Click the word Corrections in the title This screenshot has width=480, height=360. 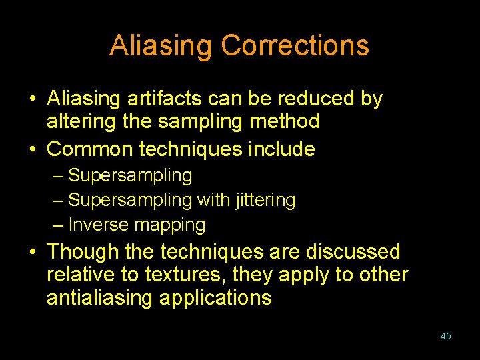295,46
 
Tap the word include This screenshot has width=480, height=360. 281,149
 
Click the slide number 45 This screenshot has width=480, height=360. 445,336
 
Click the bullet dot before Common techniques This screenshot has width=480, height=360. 33,149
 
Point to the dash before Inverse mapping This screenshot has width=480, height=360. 58,225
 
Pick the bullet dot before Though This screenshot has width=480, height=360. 33,253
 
